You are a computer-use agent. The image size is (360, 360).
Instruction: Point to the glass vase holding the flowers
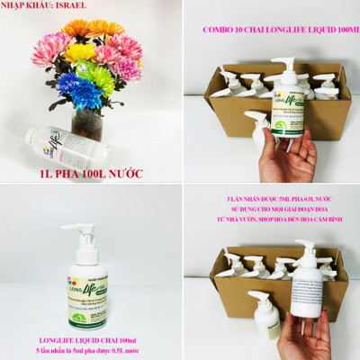[x=87, y=117]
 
